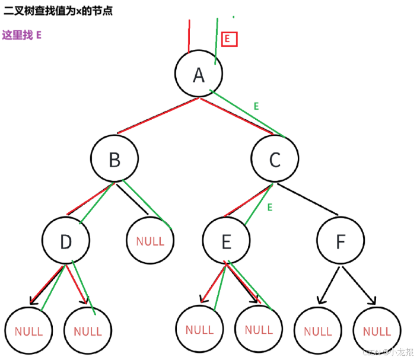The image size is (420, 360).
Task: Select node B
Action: [114, 159]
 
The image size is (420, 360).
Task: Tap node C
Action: [275, 159]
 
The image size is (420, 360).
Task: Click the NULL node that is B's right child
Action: [150, 241]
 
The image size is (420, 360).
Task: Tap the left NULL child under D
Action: [28, 330]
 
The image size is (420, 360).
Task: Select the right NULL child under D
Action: [88, 330]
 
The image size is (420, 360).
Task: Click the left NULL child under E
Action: [199, 329]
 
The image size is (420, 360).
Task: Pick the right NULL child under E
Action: [259, 329]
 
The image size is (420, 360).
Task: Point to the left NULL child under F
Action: [317, 331]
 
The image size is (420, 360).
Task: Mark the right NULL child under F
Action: [377, 331]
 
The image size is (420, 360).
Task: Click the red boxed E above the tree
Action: [228, 39]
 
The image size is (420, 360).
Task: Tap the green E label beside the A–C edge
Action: [256, 106]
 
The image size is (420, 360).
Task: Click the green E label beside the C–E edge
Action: [269, 208]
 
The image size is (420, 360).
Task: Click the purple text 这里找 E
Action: [22, 35]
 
